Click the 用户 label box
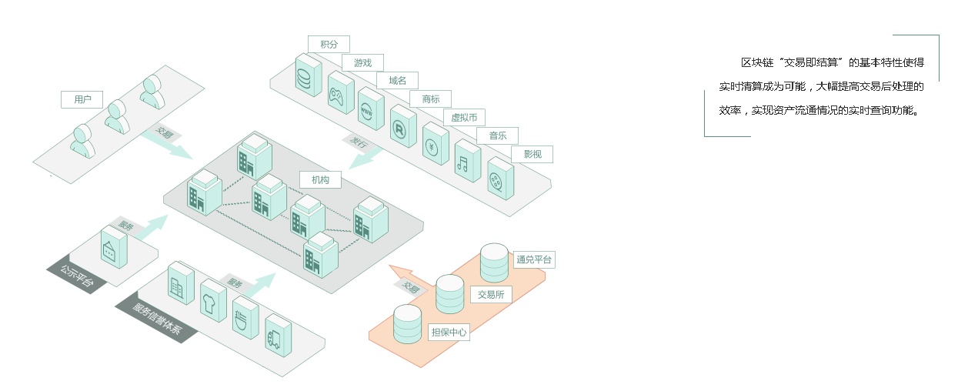(x=82, y=99)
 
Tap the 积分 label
(x=329, y=44)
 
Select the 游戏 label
(x=362, y=62)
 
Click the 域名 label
(x=397, y=80)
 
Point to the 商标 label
(x=431, y=99)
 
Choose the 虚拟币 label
(x=464, y=117)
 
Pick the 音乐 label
(x=498, y=135)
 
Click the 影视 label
(x=532, y=154)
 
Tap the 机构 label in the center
(x=320, y=179)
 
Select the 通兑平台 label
(x=534, y=259)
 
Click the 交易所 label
(x=490, y=294)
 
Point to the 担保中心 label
(x=449, y=332)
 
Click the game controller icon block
(x=340, y=95)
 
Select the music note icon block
(x=467, y=161)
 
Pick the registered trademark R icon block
(x=403, y=128)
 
